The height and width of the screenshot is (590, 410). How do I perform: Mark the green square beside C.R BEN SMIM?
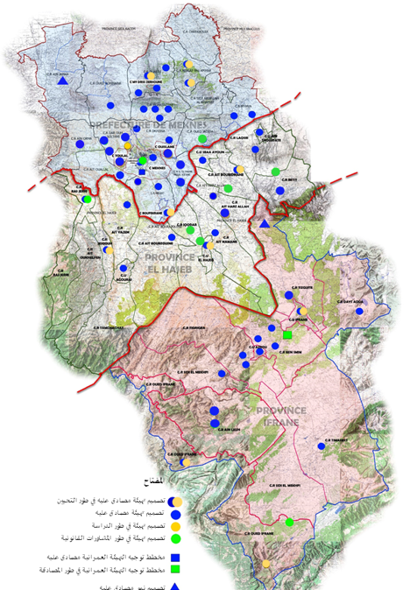click(x=286, y=334)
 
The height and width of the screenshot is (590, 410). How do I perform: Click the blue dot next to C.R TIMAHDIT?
click(x=322, y=446)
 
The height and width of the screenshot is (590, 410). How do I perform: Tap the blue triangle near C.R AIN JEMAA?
click(x=63, y=81)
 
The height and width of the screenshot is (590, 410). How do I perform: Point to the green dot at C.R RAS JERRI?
click(x=87, y=200)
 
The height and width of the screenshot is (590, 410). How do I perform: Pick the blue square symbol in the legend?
click(x=174, y=557)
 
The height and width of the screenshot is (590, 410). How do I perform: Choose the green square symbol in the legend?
click(x=174, y=570)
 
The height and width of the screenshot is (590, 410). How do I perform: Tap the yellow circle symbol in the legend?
click(x=174, y=527)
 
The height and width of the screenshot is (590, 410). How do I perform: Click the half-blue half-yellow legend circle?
click(x=174, y=502)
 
